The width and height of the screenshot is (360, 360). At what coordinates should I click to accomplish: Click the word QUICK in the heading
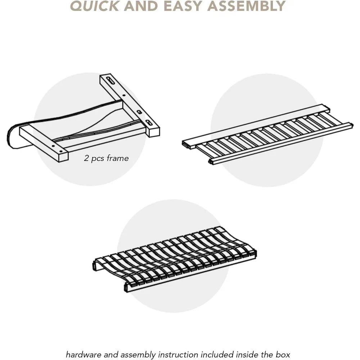pos(94,6)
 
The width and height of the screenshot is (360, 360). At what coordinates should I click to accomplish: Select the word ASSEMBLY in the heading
pos(246,6)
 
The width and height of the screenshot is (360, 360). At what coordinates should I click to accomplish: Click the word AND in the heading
pos(141,6)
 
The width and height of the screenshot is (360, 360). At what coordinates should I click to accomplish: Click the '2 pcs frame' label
pos(106,158)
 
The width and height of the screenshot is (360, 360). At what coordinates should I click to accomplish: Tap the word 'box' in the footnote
pos(283,354)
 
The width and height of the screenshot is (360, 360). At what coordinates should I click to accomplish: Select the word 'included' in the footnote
pos(216,354)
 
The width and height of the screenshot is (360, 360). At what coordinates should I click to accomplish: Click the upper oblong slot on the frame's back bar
pos(110,81)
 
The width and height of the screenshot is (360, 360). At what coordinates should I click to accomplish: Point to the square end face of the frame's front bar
pos(64,157)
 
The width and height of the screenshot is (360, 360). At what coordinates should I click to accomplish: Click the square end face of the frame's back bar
pos(155,132)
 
